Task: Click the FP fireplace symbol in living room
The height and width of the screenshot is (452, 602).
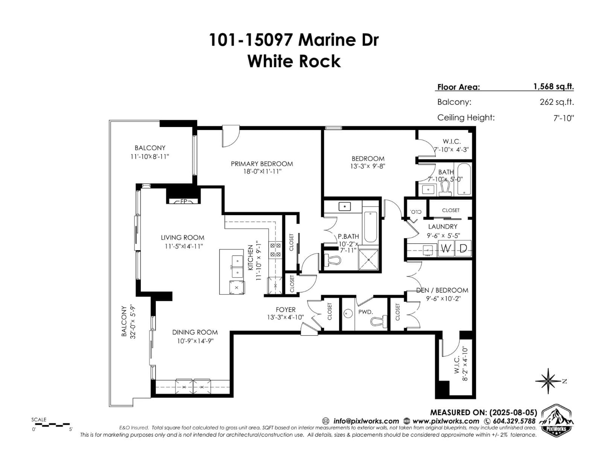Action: tap(183, 201)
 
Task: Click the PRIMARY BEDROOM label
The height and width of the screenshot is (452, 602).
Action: tap(262, 164)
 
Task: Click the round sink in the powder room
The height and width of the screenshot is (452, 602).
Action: tap(348, 314)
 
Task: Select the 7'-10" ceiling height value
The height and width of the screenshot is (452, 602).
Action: tap(564, 118)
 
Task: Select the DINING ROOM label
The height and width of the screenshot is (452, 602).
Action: tap(195, 332)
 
